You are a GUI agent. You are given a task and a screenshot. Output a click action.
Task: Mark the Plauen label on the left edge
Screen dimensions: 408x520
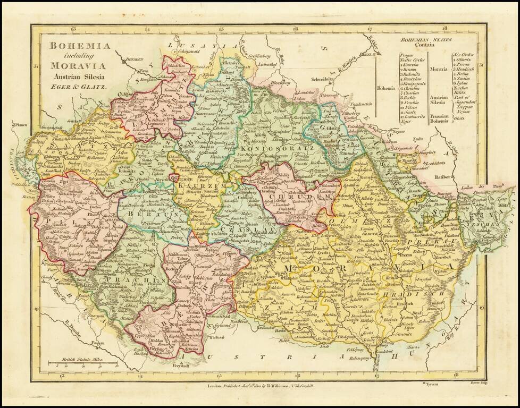[x=22, y=125]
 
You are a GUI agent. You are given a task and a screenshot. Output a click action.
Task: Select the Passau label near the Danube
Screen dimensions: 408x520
[x=97, y=344]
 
